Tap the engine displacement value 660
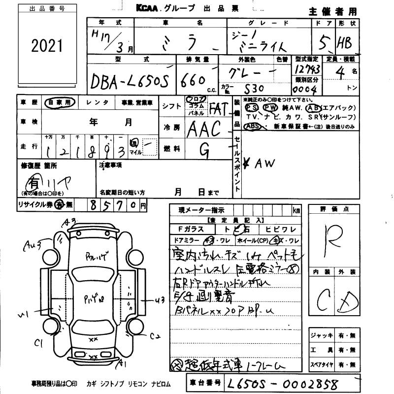tap(194, 80)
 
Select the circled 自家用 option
tap(59, 102)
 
